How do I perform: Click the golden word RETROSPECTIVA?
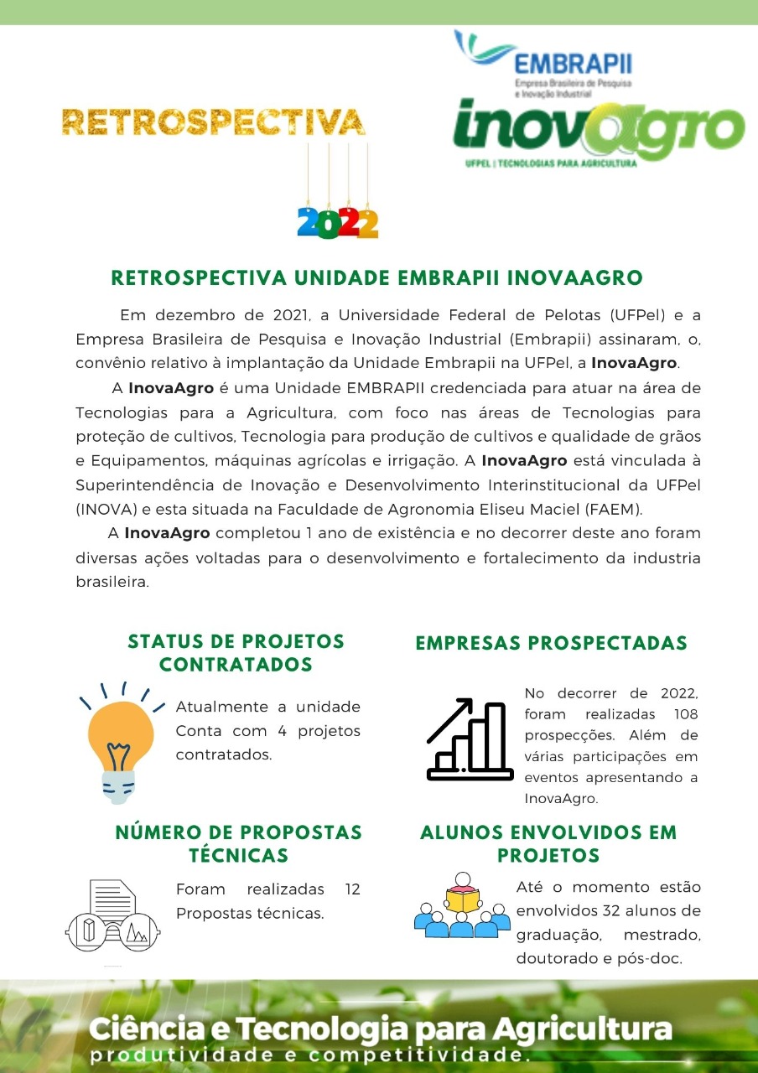[213, 122]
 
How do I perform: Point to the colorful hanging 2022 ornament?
[338, 221]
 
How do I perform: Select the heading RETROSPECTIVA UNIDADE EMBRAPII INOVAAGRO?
[376, 278]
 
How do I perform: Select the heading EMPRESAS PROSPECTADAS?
[551, 643]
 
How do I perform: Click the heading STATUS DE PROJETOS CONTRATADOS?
[236, 653]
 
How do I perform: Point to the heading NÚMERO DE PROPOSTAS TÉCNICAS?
[238, 844]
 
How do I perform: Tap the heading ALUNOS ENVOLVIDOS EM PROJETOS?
[548, 844]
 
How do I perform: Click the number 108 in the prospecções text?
[685, 714]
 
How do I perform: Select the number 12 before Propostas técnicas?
[352, 889]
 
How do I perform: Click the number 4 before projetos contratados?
[282, 730]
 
